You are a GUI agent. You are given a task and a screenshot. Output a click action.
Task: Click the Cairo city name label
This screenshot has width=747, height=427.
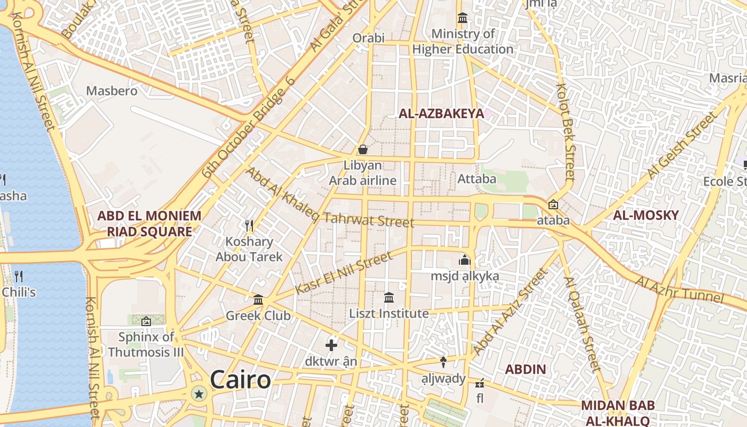click(240, 379)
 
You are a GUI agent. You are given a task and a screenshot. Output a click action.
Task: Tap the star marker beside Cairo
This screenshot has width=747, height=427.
click(199, 394)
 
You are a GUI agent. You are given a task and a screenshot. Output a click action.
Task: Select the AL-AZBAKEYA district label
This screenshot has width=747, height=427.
click(441, 113)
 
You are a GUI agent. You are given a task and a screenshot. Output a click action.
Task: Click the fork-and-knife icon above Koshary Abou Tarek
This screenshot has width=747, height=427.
click(249, 226)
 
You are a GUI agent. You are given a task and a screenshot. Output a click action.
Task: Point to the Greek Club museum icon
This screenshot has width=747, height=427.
click(258, 300)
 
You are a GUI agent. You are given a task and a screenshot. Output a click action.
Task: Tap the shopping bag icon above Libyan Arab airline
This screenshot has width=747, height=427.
click(363, 149)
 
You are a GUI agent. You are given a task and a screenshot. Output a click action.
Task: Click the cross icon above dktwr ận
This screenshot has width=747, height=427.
click(331, 345)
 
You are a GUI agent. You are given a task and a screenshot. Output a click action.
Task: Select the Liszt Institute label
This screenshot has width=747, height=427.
click(389, 313)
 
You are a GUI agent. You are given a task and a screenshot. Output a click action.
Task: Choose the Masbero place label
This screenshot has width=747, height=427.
click(112, 91)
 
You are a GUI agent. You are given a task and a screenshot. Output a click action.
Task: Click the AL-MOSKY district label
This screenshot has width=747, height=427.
click(646, 216)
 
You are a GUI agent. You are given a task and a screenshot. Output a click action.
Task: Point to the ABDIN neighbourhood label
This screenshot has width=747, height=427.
click(526, 369)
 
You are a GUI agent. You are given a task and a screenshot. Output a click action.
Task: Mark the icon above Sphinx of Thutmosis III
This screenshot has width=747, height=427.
click(146, 321)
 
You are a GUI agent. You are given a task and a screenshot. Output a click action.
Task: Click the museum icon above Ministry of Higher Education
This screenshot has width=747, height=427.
click(462, 19)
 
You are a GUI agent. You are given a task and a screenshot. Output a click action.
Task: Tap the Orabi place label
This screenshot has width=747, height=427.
click(368, 38)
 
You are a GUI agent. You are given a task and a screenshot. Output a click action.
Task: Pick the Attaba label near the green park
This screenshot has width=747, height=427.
click(477, 178)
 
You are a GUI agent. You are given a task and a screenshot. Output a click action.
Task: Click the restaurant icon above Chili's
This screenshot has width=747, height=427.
click(19, 276)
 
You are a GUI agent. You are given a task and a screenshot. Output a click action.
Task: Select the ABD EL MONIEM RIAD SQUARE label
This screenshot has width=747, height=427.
click(149, 224)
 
